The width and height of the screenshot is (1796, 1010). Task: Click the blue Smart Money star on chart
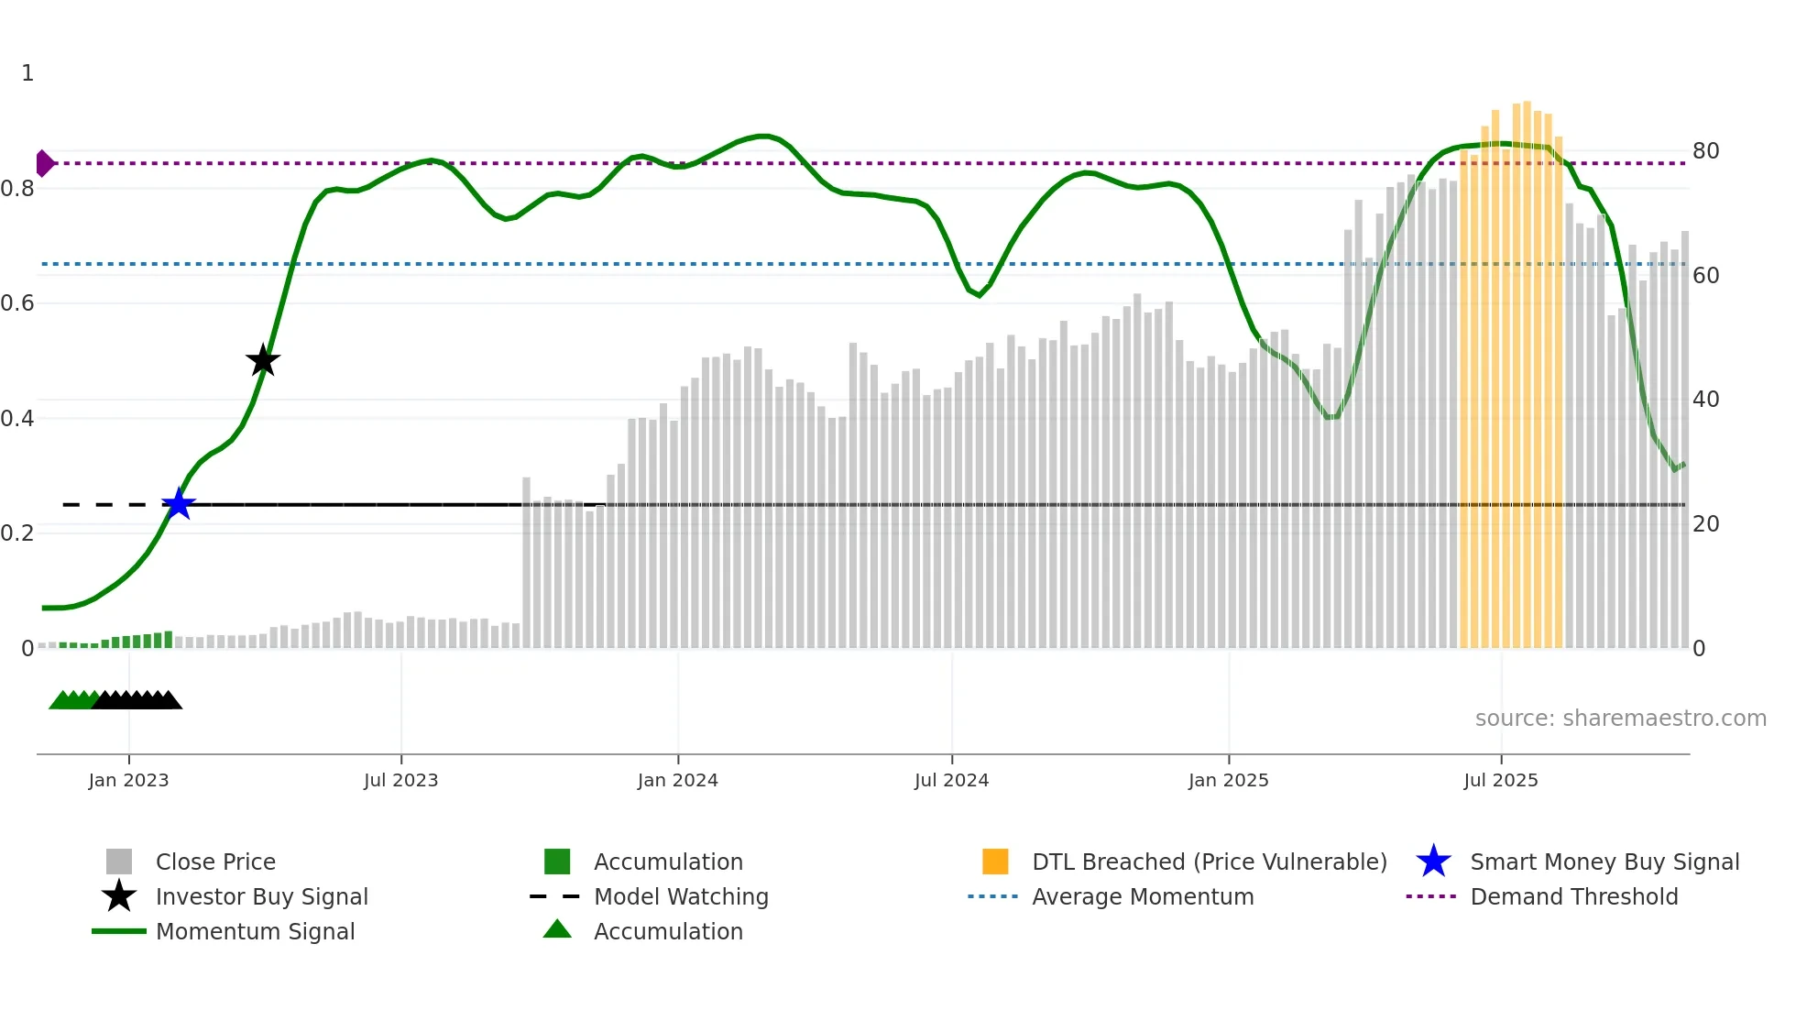(x=179, y=504)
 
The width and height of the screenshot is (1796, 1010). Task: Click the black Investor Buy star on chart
(x=263, y=360)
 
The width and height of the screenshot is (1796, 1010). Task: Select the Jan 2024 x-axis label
(x=677, y=780)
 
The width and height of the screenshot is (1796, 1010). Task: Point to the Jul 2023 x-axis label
(x=400, y=780)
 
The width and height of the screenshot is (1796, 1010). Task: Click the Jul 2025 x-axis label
(x=1500, y=780)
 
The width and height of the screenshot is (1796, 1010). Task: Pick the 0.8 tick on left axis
(x=18, y=189)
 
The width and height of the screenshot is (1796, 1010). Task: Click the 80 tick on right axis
(x=1705, y=150)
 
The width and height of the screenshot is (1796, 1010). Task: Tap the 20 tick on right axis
(x=1705, y=523)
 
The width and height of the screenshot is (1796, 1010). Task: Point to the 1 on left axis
(x=27, y=73)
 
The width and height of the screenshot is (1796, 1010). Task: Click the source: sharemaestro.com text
(x=1620, y=718)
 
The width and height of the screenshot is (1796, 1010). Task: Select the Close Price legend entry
(x=215, y=862)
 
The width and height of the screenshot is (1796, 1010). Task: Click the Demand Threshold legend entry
(x=1573, y=896)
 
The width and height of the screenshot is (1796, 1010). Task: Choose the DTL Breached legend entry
(x=1209, y=862)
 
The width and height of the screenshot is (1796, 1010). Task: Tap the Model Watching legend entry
(x=681, y=896)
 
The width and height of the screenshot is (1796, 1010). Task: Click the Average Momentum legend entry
(x=1142, y=896)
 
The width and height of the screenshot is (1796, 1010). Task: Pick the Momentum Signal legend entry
(x=255, y=931)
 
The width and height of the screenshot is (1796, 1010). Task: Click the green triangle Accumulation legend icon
(x=557, y=929)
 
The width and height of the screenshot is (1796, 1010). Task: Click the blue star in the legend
(x=1433, y=862)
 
